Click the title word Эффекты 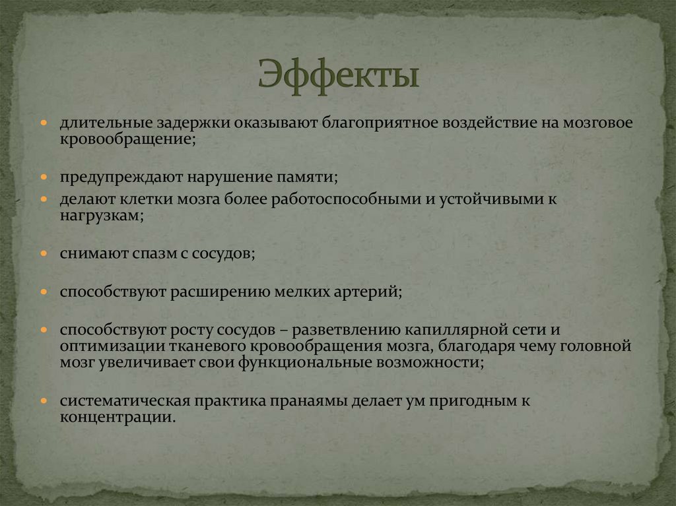tap(337, 74)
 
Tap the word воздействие tap(477, 123)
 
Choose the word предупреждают tap(121, 178)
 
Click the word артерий tap(366, 291)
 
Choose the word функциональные tap(306, 363)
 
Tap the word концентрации tap(118, 417)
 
